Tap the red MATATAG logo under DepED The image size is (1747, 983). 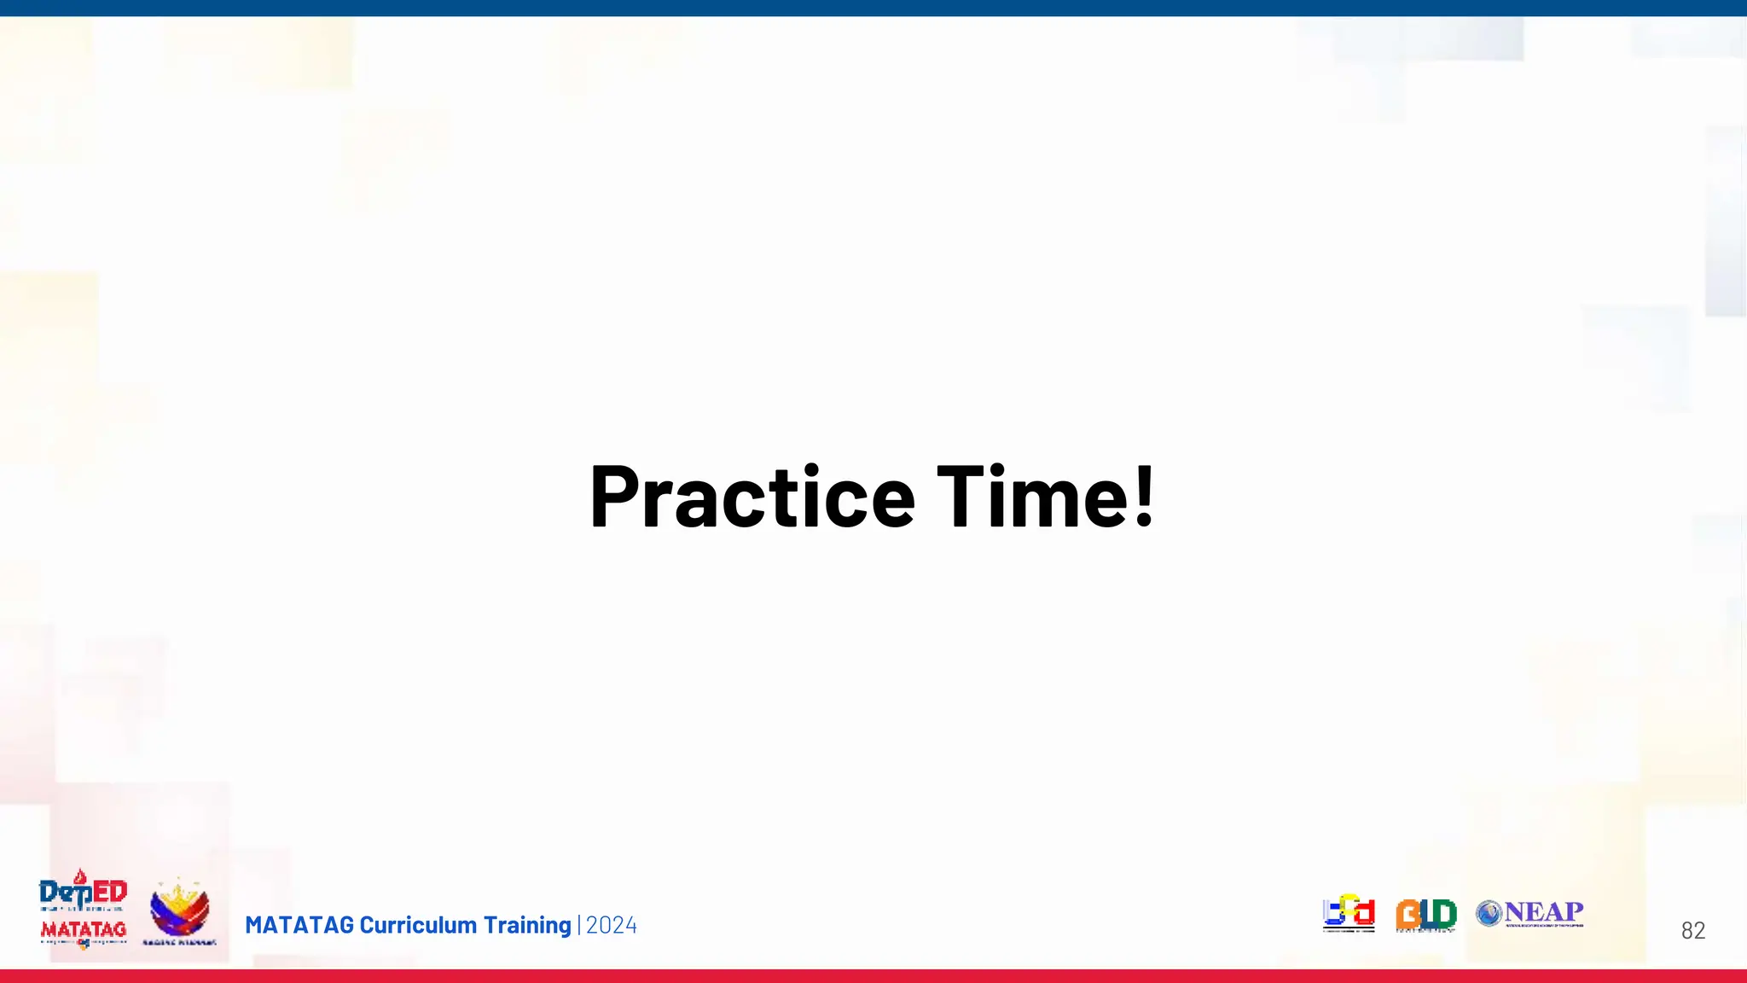click(x=84, y=929)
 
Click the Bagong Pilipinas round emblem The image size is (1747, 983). click(x=179, y=910)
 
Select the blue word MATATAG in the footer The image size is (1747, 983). click(x=299, y=926)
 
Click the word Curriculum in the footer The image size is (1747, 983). click(x=418, y=926)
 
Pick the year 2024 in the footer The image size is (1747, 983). click(x=612, y=926)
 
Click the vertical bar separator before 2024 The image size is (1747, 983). click(x=579, y=926)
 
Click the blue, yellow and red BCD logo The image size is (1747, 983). click(x=1349, y=913)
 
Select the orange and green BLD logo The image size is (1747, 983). click(x=1425, y=915)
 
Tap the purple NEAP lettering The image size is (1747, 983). click(x=1544, y=911)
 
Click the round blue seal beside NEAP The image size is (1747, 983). click(x=1489, y=914)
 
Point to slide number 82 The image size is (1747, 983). click(x=1692, y=931)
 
